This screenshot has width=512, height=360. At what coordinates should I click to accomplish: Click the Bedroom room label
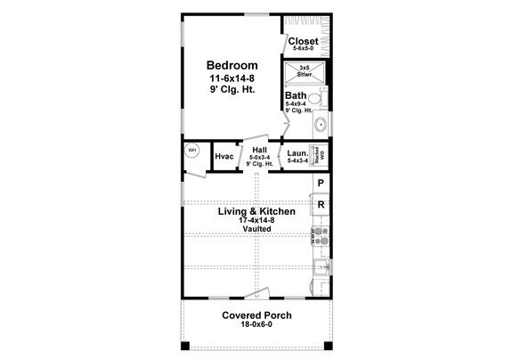pyautogui.click(x=232, y=66)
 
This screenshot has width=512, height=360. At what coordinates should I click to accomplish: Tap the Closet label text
pyautogui.click(x=304, y=42)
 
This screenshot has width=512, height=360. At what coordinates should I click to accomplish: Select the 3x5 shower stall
pyautogui.click(x=305, y=72)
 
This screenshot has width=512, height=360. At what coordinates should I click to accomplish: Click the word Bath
pyautogui.click(x=296, y=95)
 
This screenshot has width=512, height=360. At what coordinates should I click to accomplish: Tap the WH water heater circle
pyautogui.click(x=192, y=151)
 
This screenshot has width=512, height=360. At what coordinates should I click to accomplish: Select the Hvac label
pyautogui.click(x=224, y=157)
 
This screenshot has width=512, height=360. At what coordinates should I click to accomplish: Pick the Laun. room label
pyautogui.click(x=297, y=154)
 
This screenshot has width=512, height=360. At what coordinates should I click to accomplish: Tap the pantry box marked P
pyautogui.click(x=321, y=184)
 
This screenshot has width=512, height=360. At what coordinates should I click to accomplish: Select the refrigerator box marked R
pyautogui.click(x=321, y=205)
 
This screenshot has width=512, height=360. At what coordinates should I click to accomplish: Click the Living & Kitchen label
pyautogui.click(x=256, y=211)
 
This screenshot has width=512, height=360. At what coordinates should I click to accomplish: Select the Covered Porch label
pyautogui.click(x=256, y=315)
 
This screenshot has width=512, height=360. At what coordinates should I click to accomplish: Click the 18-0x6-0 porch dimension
pyautogui.click(x=256, y=326)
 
